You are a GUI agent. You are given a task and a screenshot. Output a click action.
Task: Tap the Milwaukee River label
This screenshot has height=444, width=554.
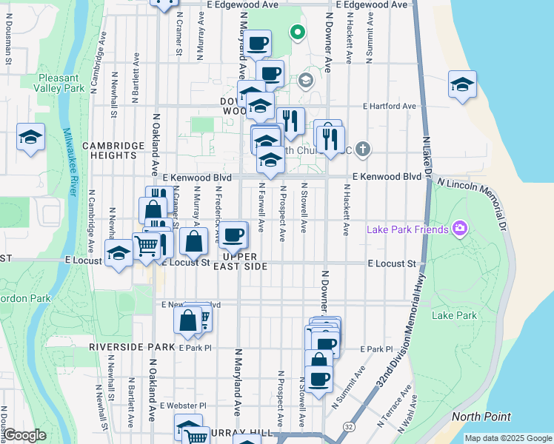(x=70, y=161)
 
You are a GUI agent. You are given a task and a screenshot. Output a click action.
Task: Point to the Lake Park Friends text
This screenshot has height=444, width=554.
(x=408, y=229)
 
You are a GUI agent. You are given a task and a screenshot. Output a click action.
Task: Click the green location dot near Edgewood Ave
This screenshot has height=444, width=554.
(x=297, y=32)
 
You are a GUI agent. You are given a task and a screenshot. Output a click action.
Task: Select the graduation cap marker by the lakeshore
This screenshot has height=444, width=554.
(x=462, y=85)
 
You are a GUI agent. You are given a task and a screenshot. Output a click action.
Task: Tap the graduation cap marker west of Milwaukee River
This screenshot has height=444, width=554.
(x=30, y=137)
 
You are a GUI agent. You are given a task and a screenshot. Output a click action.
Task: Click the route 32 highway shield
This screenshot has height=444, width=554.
(x=348, y=427)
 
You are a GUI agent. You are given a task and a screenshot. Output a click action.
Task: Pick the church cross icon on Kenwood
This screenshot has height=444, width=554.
(x=362, y=149)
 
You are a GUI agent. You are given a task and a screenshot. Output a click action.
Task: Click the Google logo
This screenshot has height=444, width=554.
(x=24, y=435)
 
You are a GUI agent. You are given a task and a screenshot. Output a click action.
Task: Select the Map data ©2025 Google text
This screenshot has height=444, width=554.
(x=507, y=438)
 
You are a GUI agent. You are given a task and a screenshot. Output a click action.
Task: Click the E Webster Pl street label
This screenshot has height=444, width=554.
(x=183, y=406)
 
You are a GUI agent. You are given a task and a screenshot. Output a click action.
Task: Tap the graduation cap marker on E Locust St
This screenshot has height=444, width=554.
(x=119, y=254)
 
